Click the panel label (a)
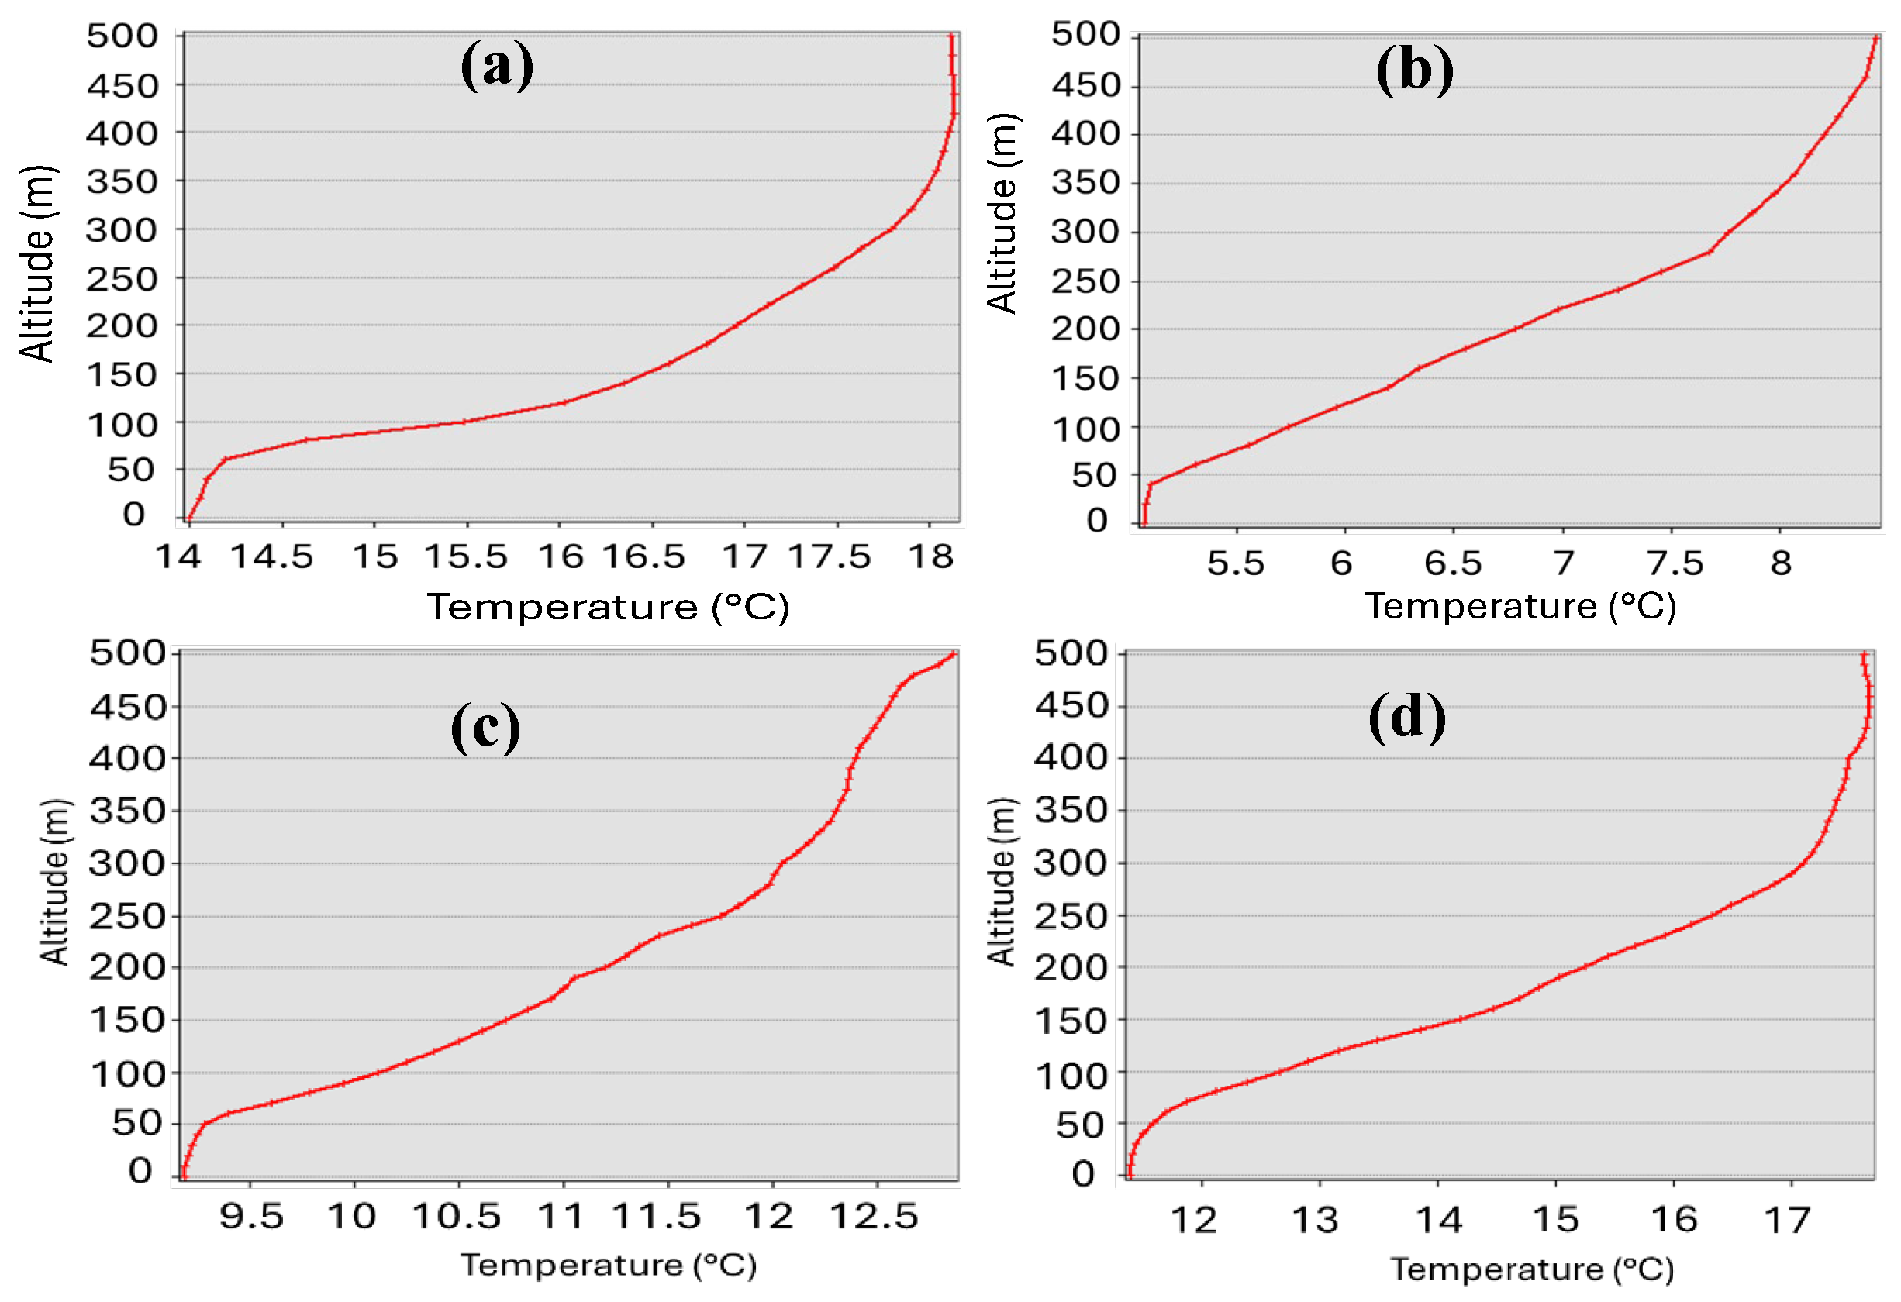pyautogui.click(x=496, y=67)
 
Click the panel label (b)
pyautogui.click(x=1414, y=71)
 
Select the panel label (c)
pyautogui.click(x=485, y=727)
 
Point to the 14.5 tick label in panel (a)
pyautogui.click(x=271, y=558)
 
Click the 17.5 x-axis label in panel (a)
pyautogui.click(x=829, y=558)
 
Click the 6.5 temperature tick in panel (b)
pyautogui.click(x=1453, y=563)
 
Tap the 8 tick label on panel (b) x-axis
pyautogui.click(x=1781, y=563)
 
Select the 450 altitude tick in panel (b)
pyautogui.click(x=1085, y=85)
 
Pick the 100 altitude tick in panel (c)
pyautogui.click(x=127, y=1075)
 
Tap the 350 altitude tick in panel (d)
pyautogui.click(x=1070, y=811)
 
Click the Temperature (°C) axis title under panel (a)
pyautogui.click(x=608, y=608)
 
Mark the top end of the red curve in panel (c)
pyautogui.click(x=952, y=654)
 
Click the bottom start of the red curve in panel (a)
pyautogui.click(x=188, y=518)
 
